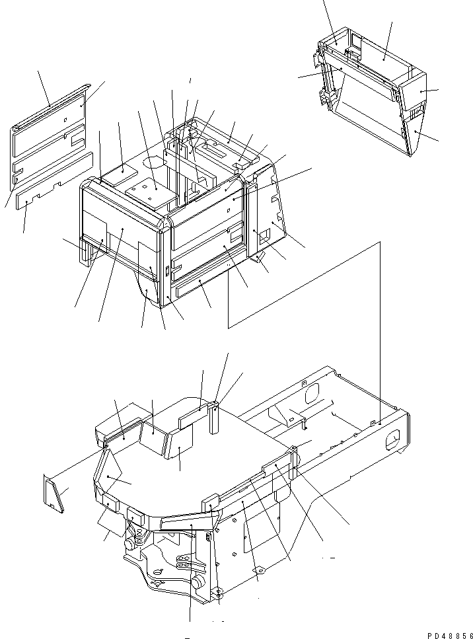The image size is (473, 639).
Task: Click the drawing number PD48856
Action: [x=449, y=636]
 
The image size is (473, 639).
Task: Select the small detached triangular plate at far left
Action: [x=54, y=493]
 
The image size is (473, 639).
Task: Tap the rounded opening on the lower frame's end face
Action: [x=392, y=441]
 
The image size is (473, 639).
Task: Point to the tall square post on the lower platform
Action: [x=215, y=418]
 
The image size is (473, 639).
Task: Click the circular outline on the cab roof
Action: [x=153, y=162]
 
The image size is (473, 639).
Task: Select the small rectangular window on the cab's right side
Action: [x=264, y=233]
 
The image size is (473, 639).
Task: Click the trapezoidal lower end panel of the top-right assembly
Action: [x=414, y=132]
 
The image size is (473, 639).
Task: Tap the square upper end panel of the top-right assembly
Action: [x=413, y=92]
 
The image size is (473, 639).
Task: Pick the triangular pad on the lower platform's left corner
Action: [x=108, y=470]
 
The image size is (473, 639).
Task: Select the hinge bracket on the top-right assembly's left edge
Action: [x=326, y=98]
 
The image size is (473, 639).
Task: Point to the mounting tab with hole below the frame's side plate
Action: [x=258, y=569]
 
